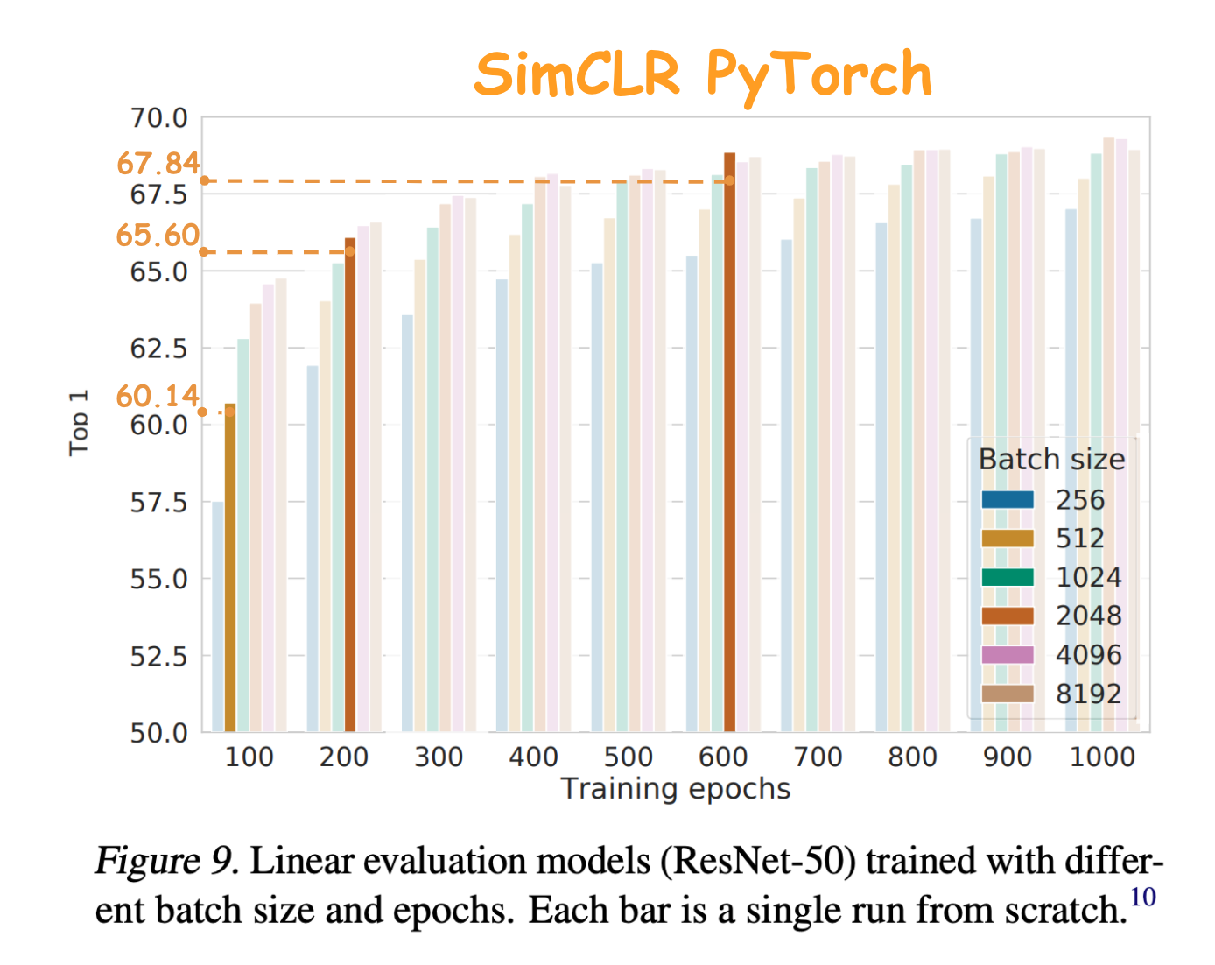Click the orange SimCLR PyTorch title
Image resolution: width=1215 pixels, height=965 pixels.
point(703,74)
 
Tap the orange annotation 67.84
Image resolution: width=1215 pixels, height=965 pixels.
point(158,164)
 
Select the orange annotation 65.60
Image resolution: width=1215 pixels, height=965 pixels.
point(158,236)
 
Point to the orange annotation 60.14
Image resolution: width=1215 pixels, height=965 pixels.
point(158,397)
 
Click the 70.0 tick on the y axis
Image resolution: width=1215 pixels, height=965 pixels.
point(158,117)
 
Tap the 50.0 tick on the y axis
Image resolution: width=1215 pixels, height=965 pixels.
point(158,733)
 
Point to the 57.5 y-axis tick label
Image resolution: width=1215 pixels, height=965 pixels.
point(158,503)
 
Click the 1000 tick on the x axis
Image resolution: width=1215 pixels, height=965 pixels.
point(1102,757)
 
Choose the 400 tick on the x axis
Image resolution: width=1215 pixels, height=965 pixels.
point(533,757)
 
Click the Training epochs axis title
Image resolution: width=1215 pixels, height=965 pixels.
point(675,789)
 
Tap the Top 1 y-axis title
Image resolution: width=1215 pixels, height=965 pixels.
point(79,423)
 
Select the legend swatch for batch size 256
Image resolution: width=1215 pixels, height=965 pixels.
point(1008,500)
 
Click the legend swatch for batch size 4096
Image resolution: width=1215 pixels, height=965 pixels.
point(1008,655)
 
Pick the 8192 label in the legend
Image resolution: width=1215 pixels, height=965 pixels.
point(1088,694)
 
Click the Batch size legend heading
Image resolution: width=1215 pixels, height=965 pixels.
point(1051,460)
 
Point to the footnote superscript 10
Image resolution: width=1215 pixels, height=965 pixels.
point(1142,897)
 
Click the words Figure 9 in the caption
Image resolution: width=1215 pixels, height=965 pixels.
point(165,862)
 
